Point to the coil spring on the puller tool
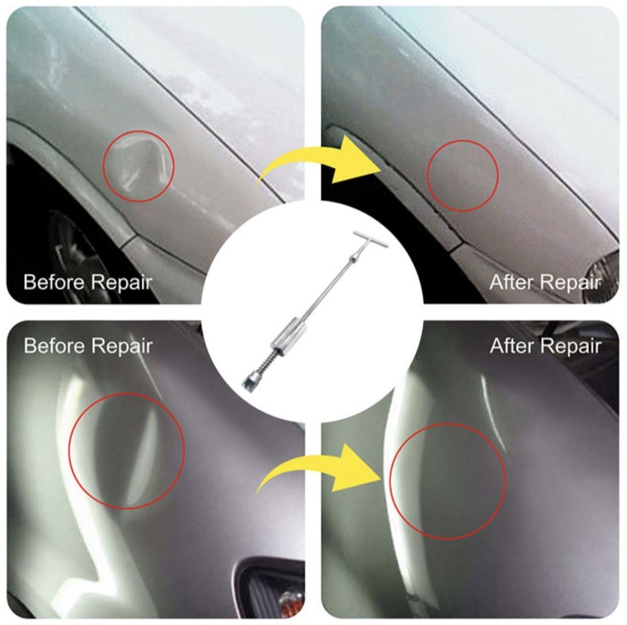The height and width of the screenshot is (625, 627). click(265, 362)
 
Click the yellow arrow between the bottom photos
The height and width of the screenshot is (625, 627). click(320, 468)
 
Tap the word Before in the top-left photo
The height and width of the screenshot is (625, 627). click(54, 282)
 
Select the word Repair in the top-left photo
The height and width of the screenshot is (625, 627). click(121, 283)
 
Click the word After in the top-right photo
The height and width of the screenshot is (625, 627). click(512, 282)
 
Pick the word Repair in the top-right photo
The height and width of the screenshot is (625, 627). click(571, 283)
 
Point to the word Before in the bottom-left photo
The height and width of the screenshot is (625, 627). click(54, 345)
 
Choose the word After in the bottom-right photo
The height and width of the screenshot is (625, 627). click(512, 345)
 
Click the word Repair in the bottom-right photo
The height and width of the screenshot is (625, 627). click(571, 346)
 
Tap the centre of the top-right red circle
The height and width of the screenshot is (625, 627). click(462, 175)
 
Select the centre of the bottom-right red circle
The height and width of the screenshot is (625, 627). click(448, 481)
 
